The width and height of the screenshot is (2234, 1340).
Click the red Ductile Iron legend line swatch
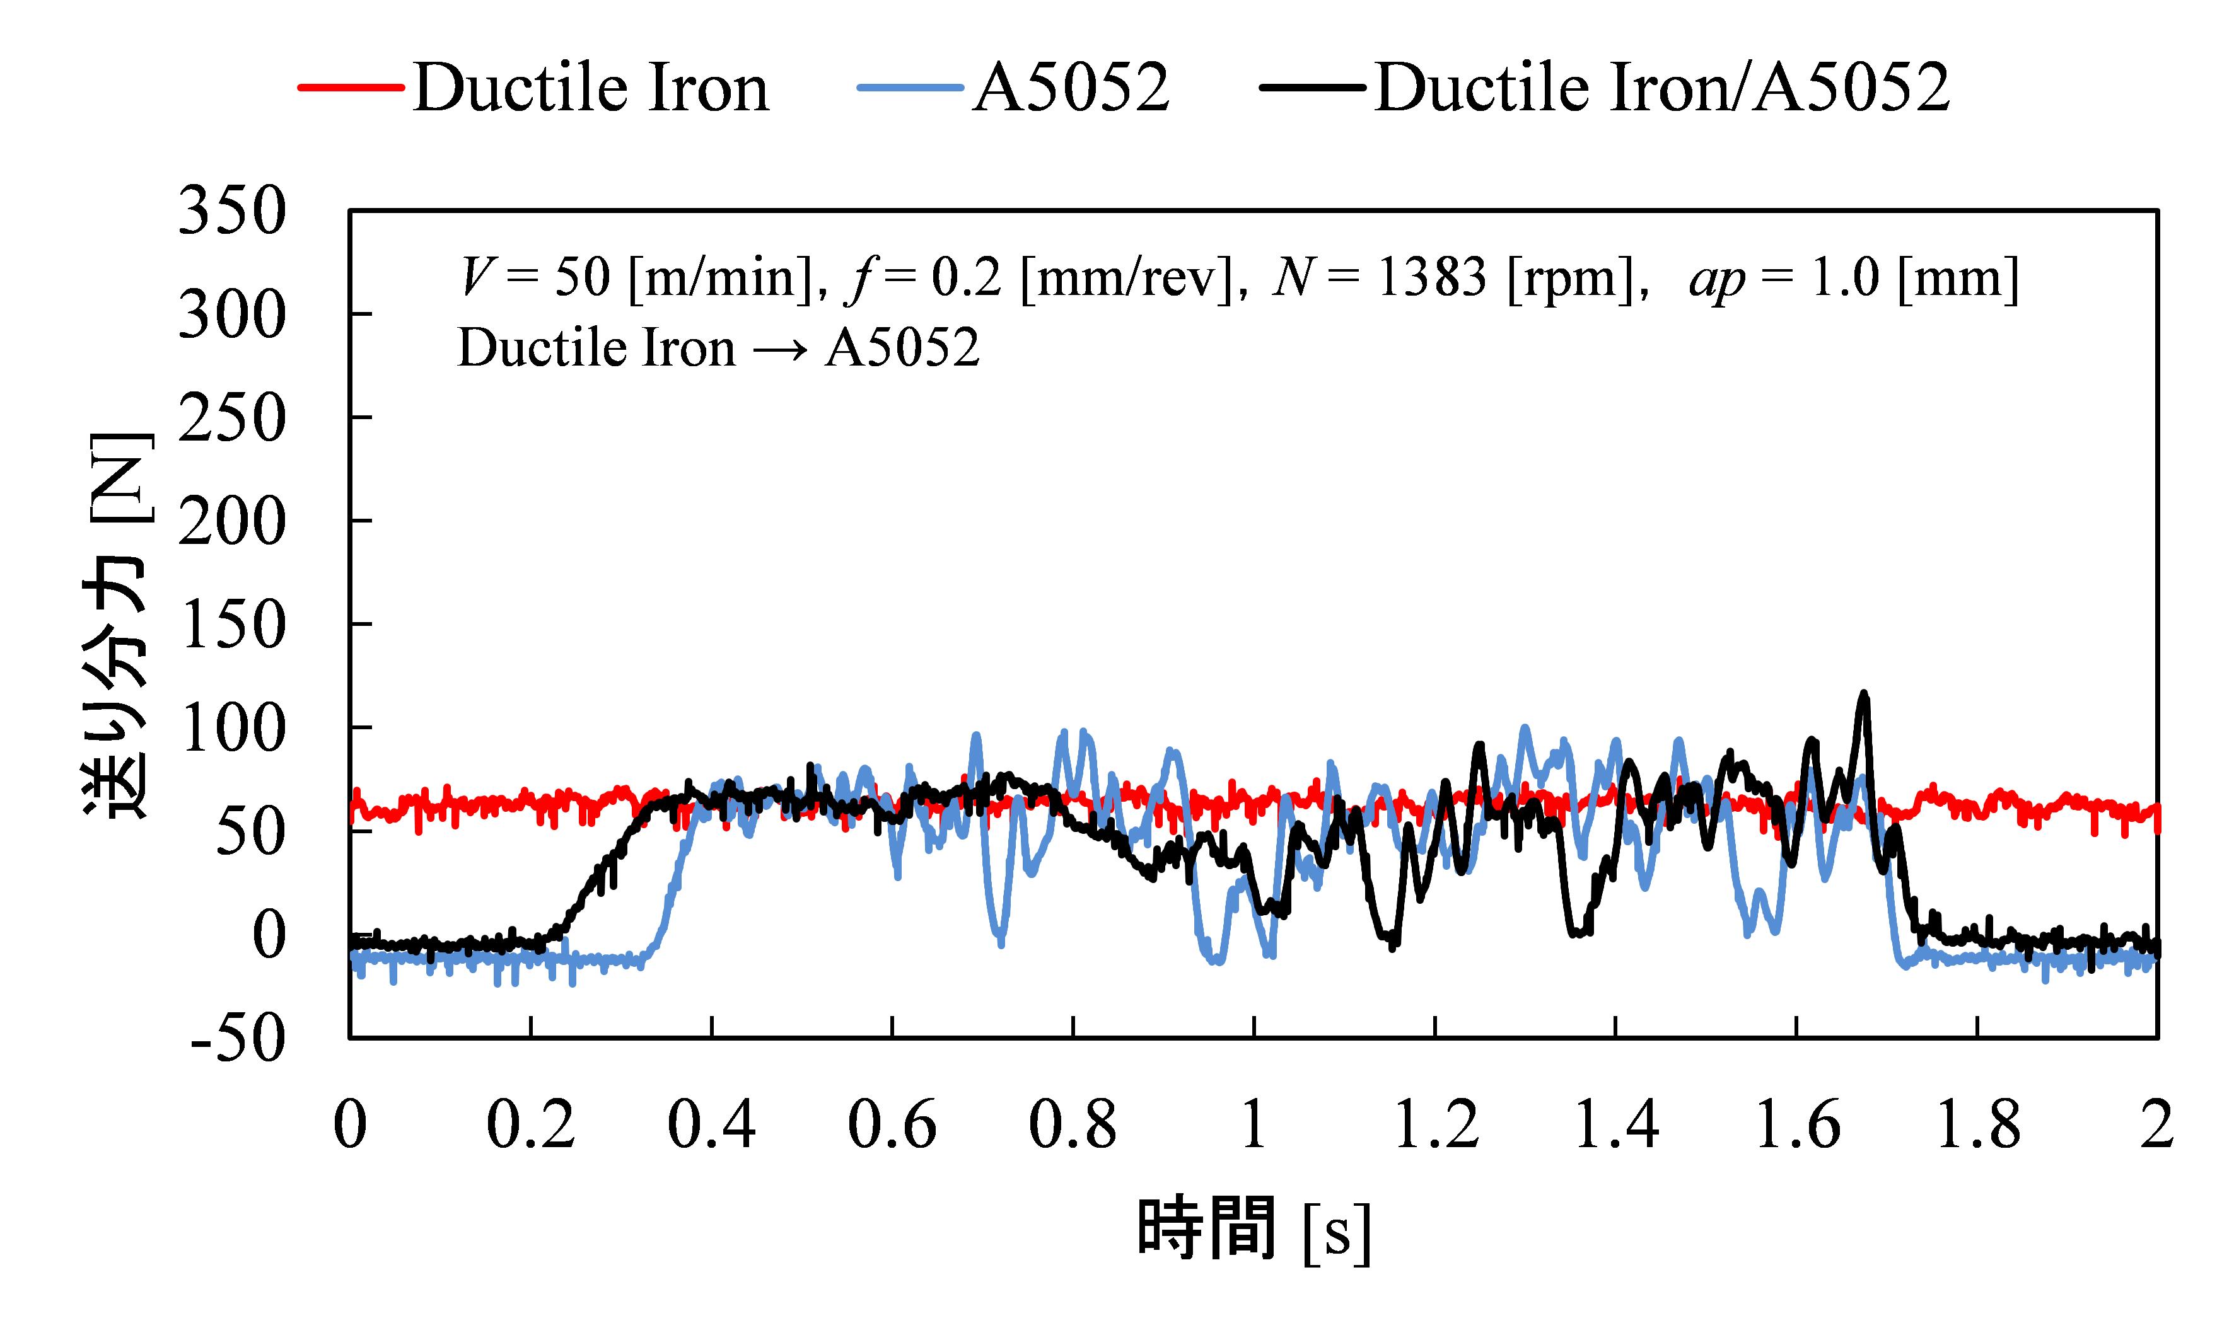click(351, 88)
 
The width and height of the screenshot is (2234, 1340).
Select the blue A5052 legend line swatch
click(910, 88)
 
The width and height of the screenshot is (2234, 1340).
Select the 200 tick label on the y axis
click(232, 522)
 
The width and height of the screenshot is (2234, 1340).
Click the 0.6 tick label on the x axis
click(892, 1125)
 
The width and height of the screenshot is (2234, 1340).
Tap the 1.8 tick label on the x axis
click(1977, 1125)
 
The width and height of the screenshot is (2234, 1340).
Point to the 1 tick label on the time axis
click(1254, 1125)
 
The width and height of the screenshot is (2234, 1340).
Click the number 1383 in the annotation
click(1431, 277)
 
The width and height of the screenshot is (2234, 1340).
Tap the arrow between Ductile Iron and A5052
click(779, 349)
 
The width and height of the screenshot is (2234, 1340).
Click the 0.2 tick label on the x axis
click(530, 1125)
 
